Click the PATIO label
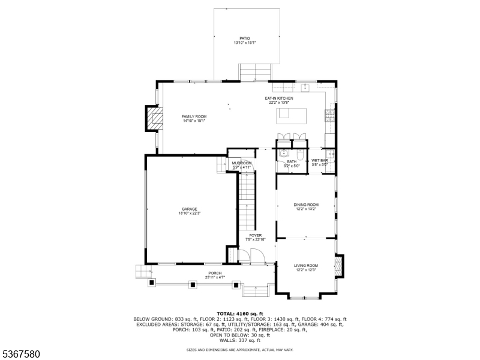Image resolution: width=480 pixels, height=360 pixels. point(245,38)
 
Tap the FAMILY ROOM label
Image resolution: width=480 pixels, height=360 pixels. point(194,116)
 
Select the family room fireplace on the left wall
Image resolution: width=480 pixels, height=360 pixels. point(154,119)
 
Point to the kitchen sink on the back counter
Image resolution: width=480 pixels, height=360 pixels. point(305,86)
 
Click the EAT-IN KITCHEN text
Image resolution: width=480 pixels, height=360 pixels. point(279,98)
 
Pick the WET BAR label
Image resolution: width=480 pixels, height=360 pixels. point(319,161)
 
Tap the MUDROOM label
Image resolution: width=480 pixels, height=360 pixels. point(242,163)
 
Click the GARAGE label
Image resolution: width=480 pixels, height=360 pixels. point(190,209)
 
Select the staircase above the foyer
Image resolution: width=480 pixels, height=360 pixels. point(247,201)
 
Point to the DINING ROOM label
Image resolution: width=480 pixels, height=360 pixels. point(305,205)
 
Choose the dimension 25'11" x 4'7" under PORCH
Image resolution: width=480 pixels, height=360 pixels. point(215,277)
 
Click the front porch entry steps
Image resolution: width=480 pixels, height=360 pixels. point(255,291)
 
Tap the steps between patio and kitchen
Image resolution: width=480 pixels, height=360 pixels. point(253,73)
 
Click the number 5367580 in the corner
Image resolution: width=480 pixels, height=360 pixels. point(20,354)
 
